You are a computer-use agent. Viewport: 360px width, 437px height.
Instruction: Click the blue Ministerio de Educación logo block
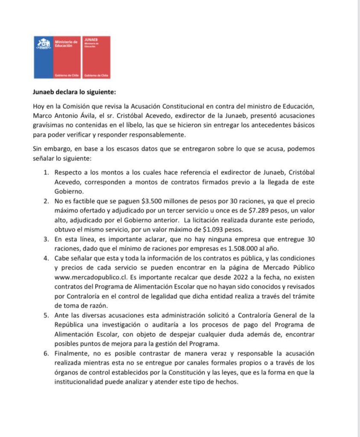pos(57,57)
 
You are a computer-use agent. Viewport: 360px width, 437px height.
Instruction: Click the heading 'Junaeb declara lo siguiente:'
pos(74,91)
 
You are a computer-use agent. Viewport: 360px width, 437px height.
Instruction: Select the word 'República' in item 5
pos(69,325)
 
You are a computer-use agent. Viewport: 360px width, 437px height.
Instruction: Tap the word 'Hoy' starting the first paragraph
pos(38,106)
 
